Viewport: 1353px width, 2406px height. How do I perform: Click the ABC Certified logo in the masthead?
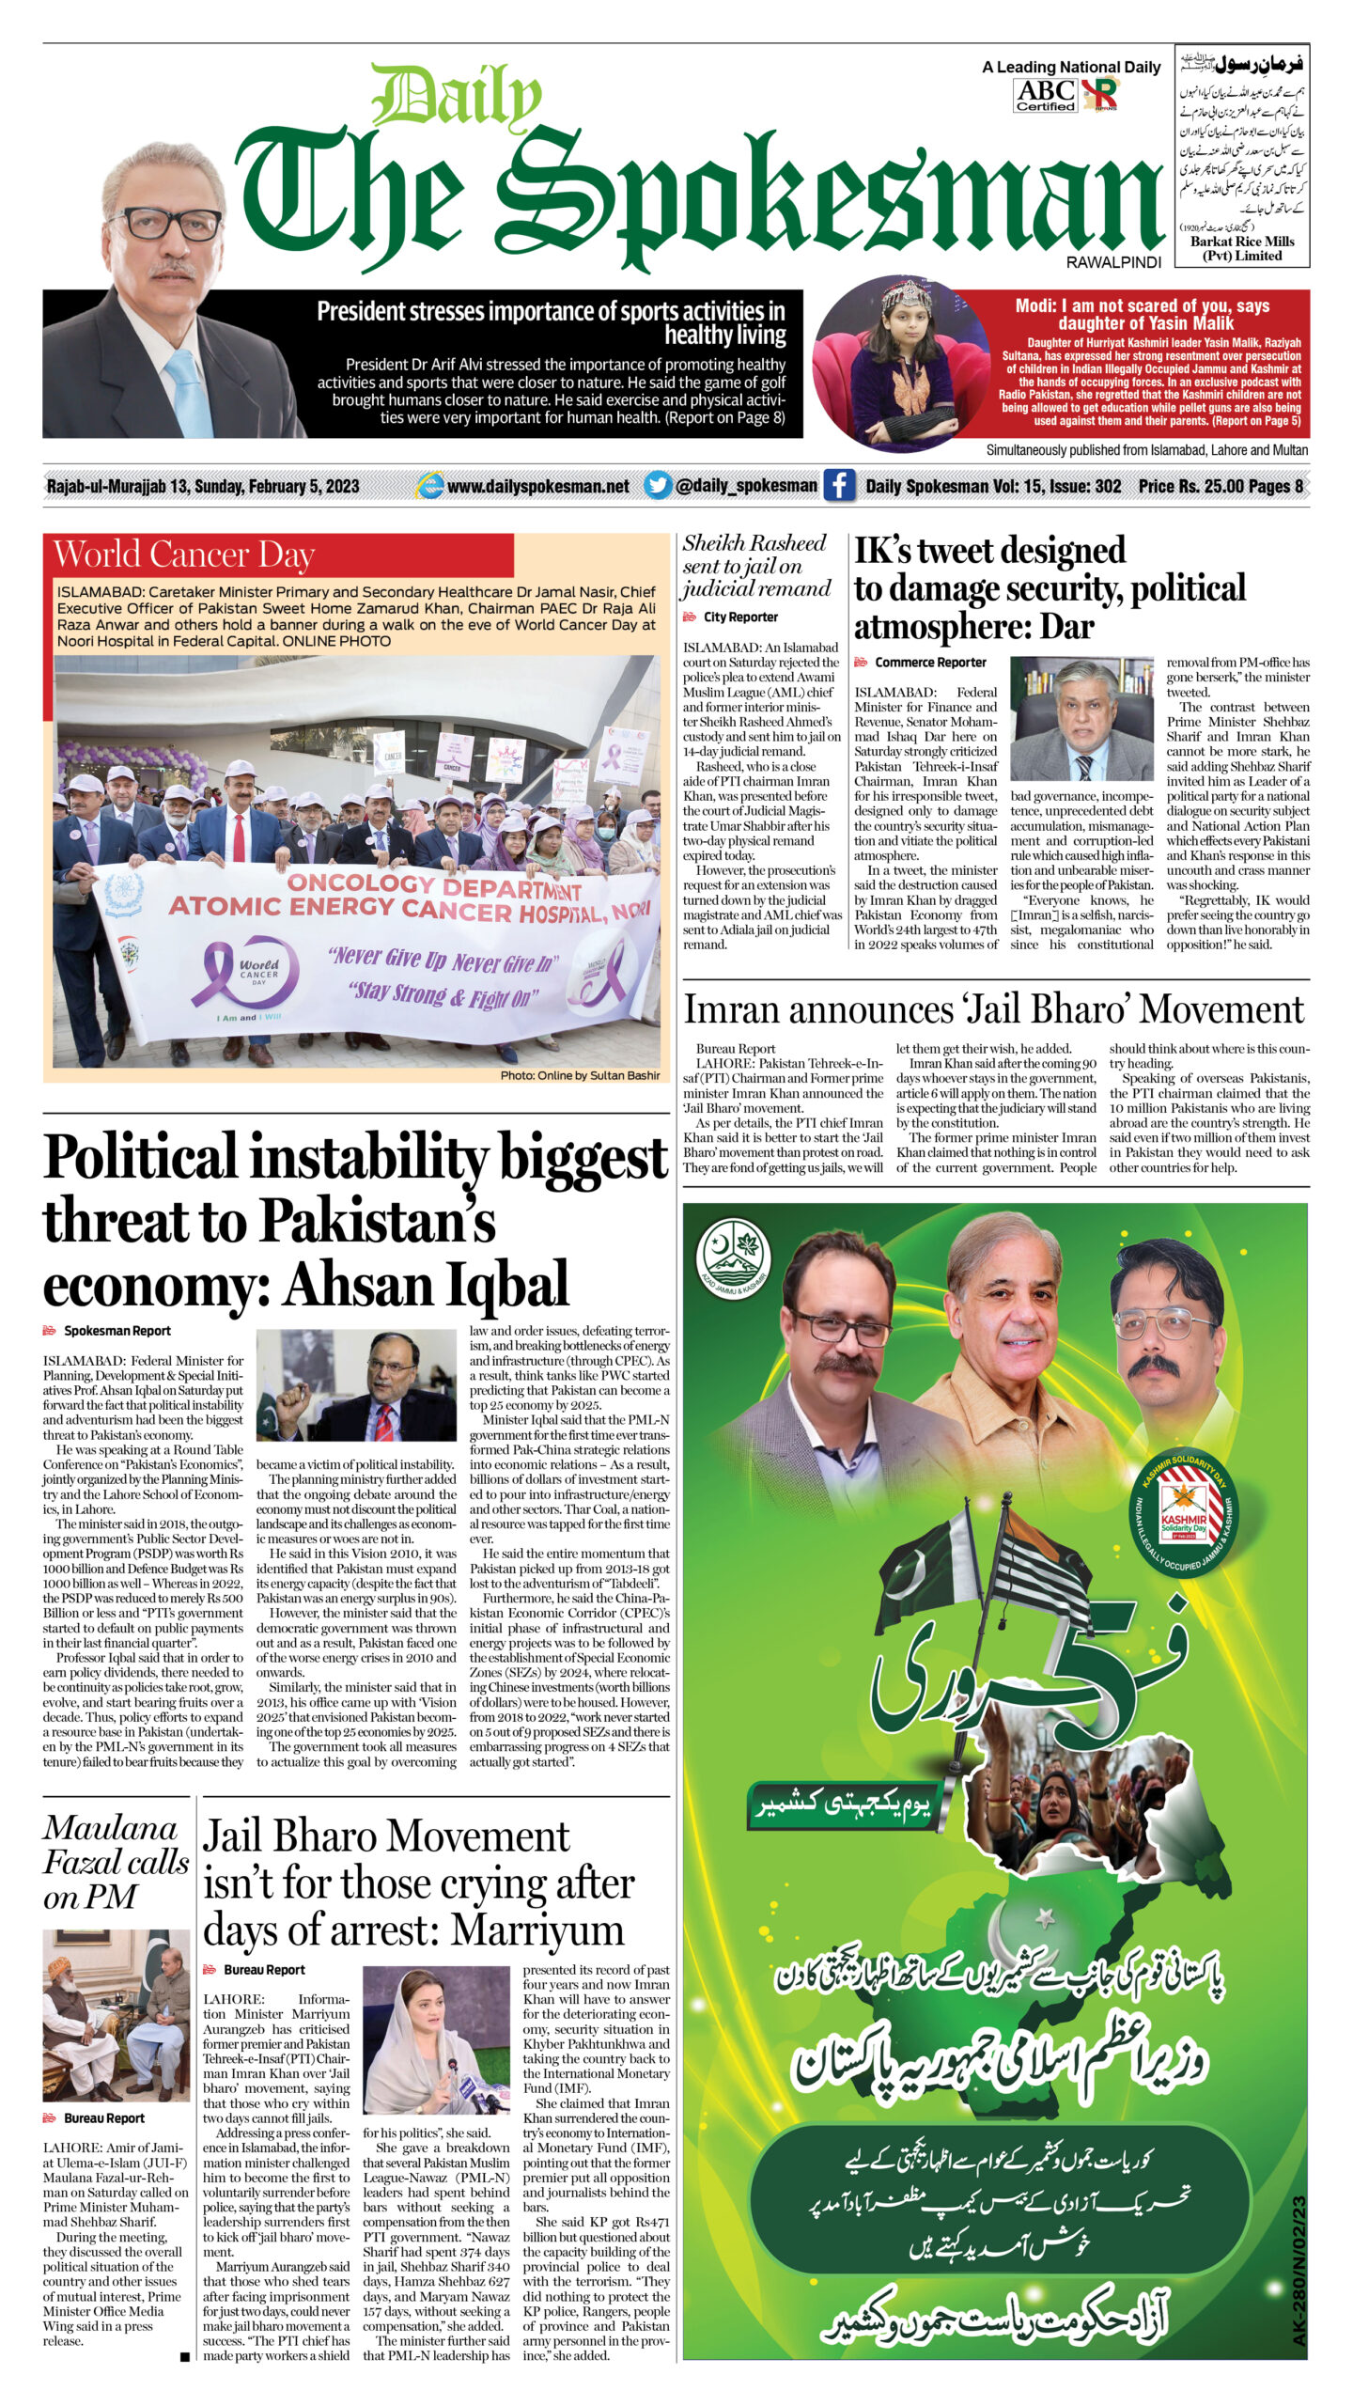1045,95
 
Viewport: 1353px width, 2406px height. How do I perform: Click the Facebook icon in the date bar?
838,485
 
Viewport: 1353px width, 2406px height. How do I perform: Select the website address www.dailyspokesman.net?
537,486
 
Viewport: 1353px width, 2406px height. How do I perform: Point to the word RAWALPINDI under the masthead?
1113,262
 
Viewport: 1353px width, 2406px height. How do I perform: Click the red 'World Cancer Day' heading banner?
278,555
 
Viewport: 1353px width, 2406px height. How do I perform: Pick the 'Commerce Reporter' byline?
930,662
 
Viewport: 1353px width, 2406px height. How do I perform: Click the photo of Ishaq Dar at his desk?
1081,718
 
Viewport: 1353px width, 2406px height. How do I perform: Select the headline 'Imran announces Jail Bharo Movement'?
993,1009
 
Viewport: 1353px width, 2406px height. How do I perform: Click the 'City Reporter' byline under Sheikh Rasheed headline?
740,617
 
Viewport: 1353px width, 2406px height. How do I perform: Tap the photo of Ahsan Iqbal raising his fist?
357,1388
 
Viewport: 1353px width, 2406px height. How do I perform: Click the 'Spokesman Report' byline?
117,1330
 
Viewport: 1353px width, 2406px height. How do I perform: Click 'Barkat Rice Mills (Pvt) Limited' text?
1242,248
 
